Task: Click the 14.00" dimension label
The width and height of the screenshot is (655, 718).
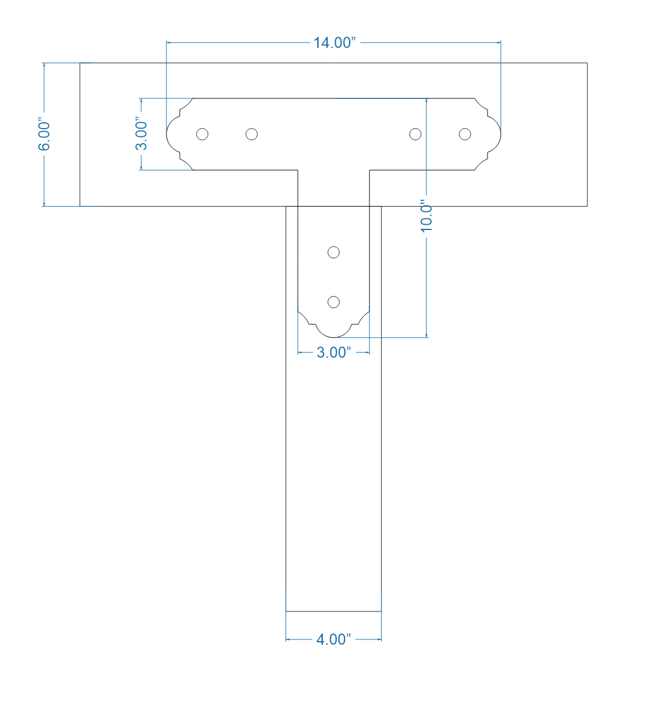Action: coord(334,43)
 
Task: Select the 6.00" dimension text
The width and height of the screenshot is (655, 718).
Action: coord(45,136)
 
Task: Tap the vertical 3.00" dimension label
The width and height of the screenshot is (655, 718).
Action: coord(141,135)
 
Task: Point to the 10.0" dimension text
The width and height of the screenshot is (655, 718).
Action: coord(427,218)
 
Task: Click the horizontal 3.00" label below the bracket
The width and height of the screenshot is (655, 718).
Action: coord(333,352)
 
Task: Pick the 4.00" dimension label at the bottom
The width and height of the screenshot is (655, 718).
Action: coord(333,639)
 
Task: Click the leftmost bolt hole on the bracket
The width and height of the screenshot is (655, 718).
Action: coord(202,135)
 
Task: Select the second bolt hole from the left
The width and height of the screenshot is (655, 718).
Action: coord(251,135)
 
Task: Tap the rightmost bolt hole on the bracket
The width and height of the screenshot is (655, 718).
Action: coord(464,135)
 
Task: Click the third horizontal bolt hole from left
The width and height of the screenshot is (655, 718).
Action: coord(415,135)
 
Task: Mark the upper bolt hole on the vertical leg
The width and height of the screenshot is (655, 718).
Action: coord(333,252)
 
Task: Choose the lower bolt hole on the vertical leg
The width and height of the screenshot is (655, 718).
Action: coord(333,302)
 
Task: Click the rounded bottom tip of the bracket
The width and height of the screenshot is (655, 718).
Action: coord(333,336)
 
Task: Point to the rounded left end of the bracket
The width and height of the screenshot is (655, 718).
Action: coord(169,135)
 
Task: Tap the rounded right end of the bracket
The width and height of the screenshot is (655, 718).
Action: coord(499,135)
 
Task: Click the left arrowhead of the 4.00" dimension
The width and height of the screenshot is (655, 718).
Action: coord(288,639)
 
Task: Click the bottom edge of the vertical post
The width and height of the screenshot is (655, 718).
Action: coord(333,611)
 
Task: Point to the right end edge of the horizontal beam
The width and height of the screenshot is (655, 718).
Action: coord(587,135)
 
